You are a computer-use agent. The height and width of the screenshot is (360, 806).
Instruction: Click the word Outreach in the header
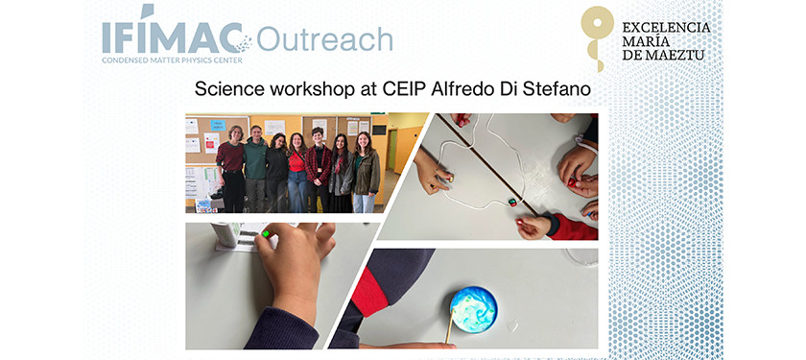[324, 38]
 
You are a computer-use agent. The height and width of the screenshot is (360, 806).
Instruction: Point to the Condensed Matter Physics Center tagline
[172, 60]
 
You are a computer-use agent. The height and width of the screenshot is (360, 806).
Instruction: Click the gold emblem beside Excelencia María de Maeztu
[596, 37]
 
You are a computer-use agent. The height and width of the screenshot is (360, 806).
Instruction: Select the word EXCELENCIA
[666, 27]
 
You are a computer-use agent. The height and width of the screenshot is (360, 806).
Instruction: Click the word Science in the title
[224, 89]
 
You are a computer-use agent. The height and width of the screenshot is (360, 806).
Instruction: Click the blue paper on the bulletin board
[218, 125]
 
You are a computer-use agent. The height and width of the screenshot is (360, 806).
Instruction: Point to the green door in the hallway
[393, 151]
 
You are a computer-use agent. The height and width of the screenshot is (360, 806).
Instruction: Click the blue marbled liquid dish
[473, 309]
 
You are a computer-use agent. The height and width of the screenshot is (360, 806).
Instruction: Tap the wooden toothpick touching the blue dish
[450, 326]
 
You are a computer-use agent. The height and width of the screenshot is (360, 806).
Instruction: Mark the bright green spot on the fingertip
[266, 234]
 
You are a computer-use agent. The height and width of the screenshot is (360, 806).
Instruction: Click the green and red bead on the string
[512, 202]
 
